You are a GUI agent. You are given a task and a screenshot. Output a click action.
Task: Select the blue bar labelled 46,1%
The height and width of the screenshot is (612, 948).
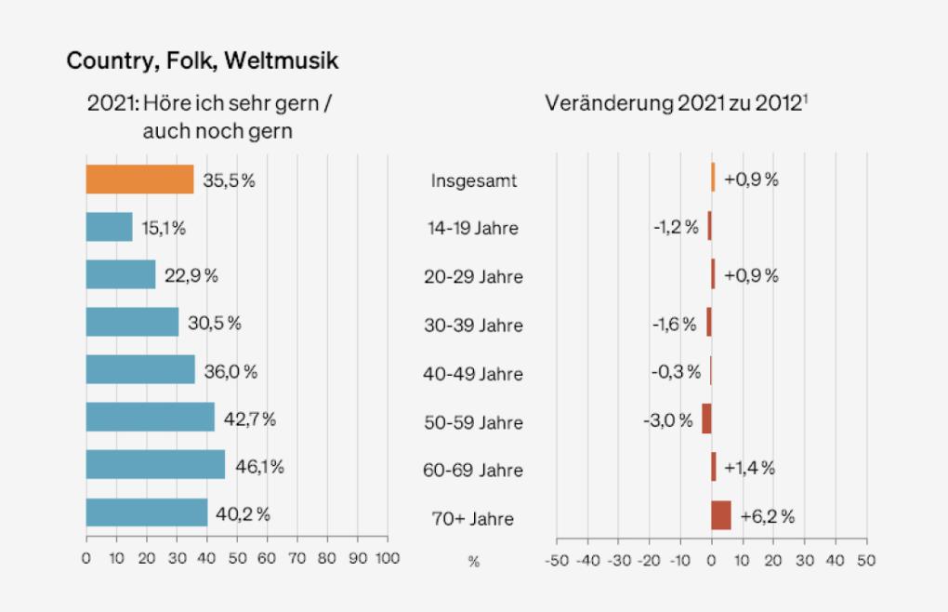(x=155, y=464)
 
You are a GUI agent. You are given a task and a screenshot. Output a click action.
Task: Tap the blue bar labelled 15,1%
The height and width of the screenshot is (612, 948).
(x=109, y=227)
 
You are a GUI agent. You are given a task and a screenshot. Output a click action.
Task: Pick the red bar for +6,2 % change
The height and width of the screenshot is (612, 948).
(x=721, y=514)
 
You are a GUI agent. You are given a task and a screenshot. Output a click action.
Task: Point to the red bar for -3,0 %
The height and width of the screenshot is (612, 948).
(x=706, y=419)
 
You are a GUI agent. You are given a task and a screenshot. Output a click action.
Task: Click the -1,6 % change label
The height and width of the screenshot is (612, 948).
(x=675, y=324)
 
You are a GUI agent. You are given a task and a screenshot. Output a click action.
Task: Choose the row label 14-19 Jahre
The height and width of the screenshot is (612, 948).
(x=473, y=228)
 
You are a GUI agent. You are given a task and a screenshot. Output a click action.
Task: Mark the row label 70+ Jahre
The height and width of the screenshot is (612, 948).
(x=473, y=519)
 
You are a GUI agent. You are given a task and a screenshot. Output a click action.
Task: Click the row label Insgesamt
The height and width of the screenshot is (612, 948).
(x=473, y=180)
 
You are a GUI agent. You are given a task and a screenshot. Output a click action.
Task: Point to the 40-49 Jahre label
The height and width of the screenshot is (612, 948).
(x=473, y=374)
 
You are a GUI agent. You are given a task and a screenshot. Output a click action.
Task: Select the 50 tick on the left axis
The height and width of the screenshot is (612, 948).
(x=237, y=558)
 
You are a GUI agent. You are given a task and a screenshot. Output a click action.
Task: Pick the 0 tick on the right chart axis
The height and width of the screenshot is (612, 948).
(x=711, y=561)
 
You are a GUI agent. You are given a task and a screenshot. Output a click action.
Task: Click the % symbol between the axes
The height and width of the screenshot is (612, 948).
(x=473, y=562)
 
